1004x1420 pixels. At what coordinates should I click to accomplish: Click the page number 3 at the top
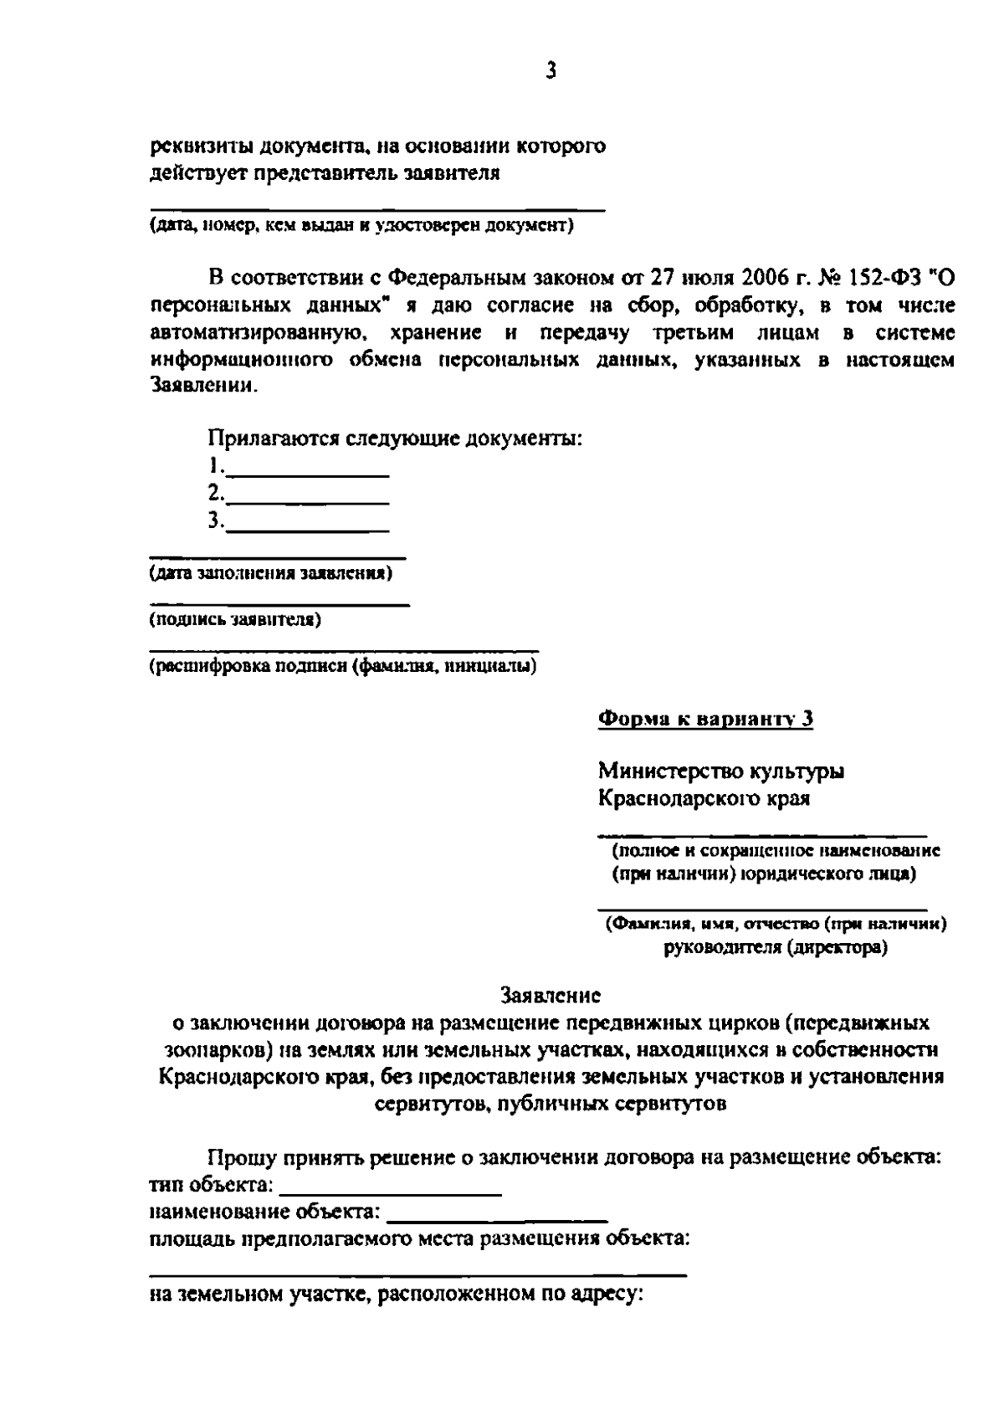[x=551, y=71]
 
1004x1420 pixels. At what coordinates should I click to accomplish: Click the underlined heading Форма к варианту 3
[x=705, y=720]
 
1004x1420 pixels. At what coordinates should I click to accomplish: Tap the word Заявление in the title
[x=550, y=996]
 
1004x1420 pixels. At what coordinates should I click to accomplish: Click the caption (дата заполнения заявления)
[x=271, y=574]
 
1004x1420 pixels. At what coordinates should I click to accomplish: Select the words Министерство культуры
[x=720, y=771]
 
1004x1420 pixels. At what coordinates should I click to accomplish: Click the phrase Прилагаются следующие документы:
[x=395, y=438]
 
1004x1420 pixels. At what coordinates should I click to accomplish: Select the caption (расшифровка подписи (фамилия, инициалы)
[x=343, y=666]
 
